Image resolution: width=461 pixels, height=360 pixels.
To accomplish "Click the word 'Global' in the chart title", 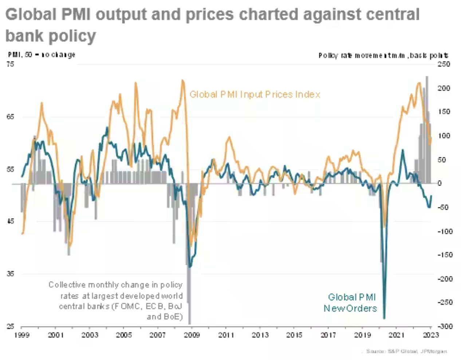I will (x=29, y=15).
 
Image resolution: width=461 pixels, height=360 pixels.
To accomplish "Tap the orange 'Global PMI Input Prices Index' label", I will (x=255, y=94).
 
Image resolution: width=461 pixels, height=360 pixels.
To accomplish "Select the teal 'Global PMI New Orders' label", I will (x=350, y=303).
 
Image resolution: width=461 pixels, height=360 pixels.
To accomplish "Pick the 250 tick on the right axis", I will (x=444, y=64).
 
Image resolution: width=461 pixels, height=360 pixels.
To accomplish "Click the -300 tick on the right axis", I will (x=444, y=326).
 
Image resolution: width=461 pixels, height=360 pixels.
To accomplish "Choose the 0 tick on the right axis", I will (x=440, y=183).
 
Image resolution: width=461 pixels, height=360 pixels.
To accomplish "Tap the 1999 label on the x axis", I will (x=21, y=335).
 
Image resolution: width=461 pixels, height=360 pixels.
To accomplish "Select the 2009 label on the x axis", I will (x=192, y=335).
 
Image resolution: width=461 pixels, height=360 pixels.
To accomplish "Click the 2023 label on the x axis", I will (x=431, y=335).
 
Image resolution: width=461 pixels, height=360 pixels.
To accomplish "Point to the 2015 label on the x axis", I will (x=294, y=335).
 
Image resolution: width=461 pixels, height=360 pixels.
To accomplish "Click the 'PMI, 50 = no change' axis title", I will (x=42, y=55).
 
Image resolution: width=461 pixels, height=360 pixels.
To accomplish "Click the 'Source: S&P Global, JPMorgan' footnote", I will (x=406, y=351).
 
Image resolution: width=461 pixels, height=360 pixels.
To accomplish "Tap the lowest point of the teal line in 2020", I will (x=384, y=318).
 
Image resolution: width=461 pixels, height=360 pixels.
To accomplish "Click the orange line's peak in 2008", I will (x=183, y=81).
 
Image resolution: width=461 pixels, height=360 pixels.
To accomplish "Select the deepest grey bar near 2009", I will (x=189, y=323).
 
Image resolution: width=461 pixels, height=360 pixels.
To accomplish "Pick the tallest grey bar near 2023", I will (x=427, y=77).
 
